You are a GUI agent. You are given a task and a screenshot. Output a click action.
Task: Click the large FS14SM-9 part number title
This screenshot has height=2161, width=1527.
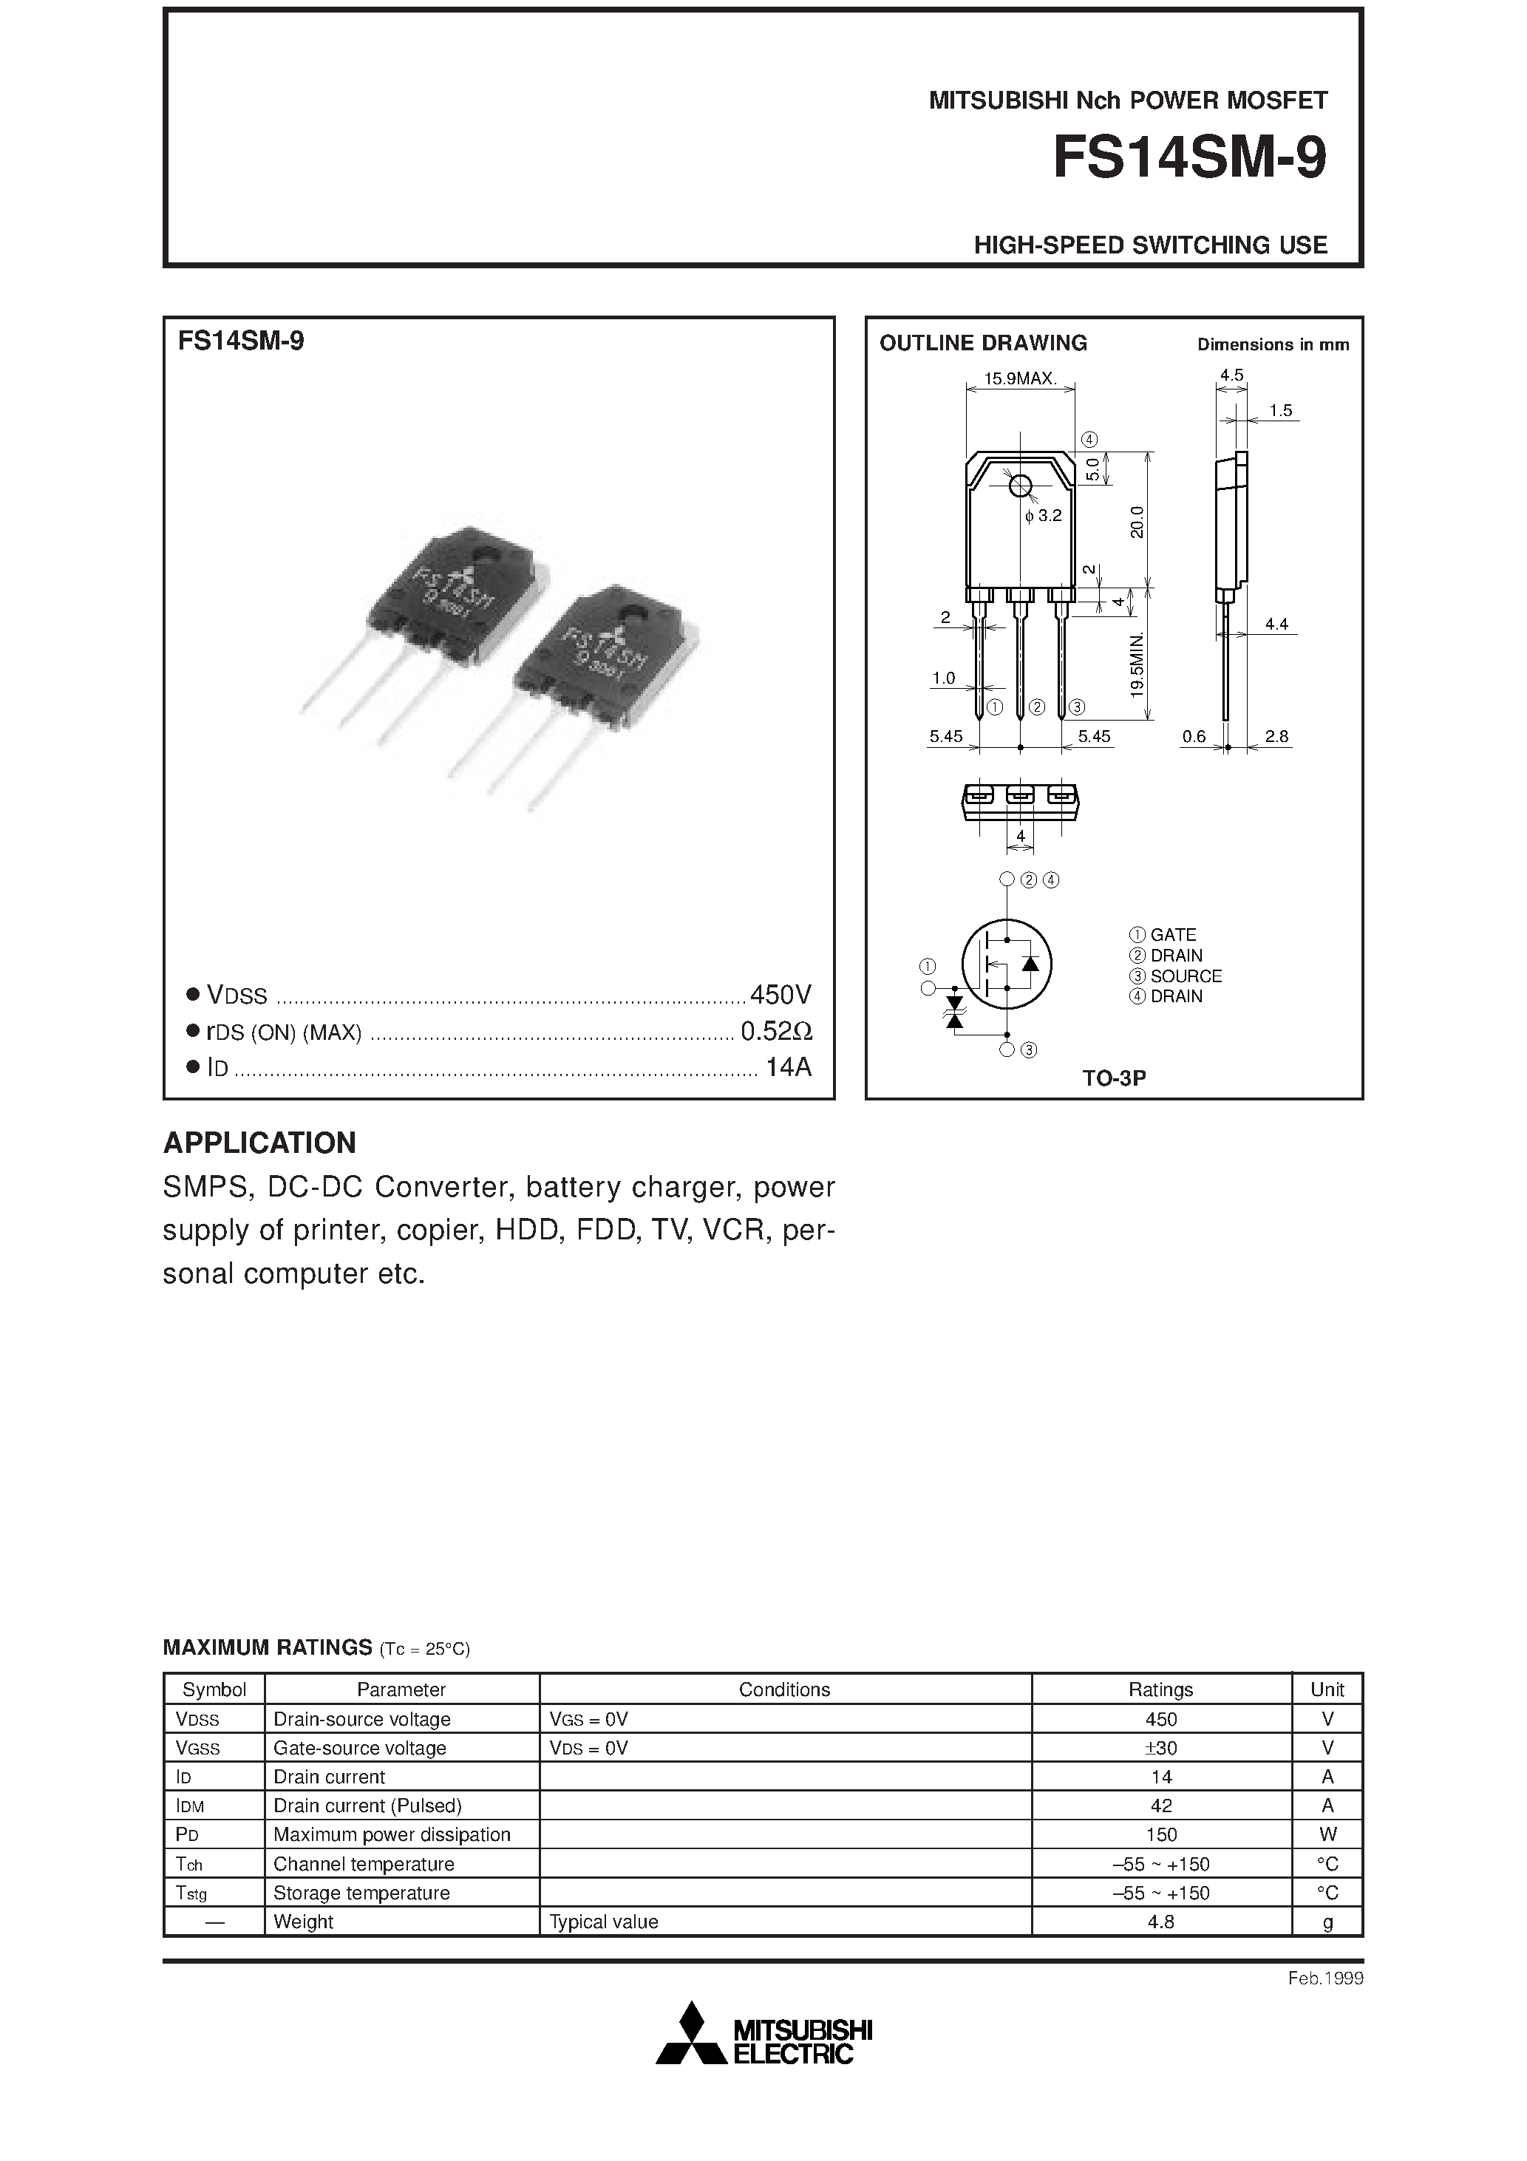point(1189,158)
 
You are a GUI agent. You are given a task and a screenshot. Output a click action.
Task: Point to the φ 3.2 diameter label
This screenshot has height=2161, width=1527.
point(1043,516)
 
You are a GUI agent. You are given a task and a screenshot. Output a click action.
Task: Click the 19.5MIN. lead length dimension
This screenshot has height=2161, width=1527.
point(1137,664)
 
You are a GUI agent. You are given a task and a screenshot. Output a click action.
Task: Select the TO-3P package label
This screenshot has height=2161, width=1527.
point(1114,1078)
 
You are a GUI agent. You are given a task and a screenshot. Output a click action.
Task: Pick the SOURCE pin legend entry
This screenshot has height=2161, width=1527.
point(1176,976)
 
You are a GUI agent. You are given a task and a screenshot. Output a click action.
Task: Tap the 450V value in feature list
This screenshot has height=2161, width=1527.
point(780,994)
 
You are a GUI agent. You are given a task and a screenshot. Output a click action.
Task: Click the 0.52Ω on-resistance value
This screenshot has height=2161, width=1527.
point(776,1032)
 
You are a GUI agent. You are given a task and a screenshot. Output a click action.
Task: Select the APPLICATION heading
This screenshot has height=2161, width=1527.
point(260,1143)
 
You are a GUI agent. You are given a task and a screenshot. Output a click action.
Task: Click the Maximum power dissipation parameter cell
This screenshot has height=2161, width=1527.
point(392,1834)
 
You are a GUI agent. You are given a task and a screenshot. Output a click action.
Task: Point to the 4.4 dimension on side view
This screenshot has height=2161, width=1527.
point(1276,623)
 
